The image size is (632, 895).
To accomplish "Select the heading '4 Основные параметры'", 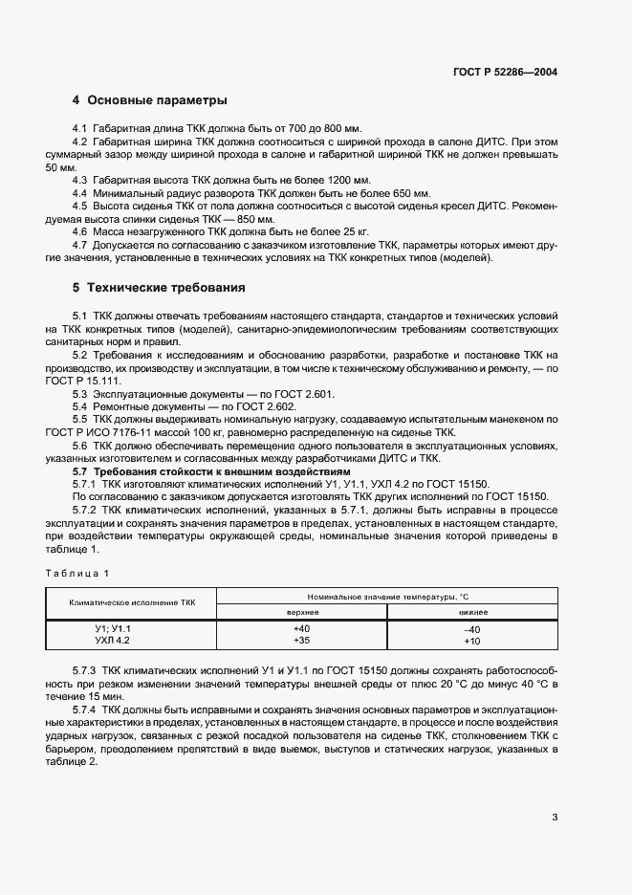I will (149, 100).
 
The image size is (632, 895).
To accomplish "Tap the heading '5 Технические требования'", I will (160, 287).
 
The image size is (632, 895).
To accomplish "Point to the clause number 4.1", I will (80, 129).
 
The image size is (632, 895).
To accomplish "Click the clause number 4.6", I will (80, 231).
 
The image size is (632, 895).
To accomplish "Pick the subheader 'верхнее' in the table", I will (303, 611).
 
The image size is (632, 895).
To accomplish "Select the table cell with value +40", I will (303, 628).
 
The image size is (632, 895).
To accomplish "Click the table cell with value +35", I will (303, 641).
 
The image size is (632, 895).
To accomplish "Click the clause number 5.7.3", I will (86, 672).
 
